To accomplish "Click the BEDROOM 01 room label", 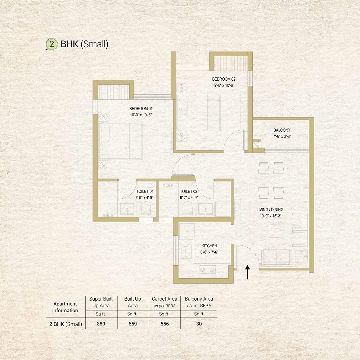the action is click(141, 109).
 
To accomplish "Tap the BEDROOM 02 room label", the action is click(224, 79).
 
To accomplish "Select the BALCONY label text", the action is click(282, 130).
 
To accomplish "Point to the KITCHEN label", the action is click(209, 246).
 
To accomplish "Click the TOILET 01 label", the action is click(145, 192).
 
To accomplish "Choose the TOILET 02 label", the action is click(189, 192).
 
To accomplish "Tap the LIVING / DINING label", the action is click(270, 210).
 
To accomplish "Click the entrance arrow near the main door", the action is click(248, 272).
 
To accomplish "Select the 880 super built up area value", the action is click(101, 324).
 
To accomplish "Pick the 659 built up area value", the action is click(133, 324).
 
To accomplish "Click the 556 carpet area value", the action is click(165, 324).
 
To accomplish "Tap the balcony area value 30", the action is click(199, 324).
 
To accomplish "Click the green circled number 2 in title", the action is click(51, 44).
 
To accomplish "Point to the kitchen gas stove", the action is click(207, 270).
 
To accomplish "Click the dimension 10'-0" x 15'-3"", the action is click(270, 216).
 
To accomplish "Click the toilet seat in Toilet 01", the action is click(146, 208).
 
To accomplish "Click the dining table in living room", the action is click(271, 180).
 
